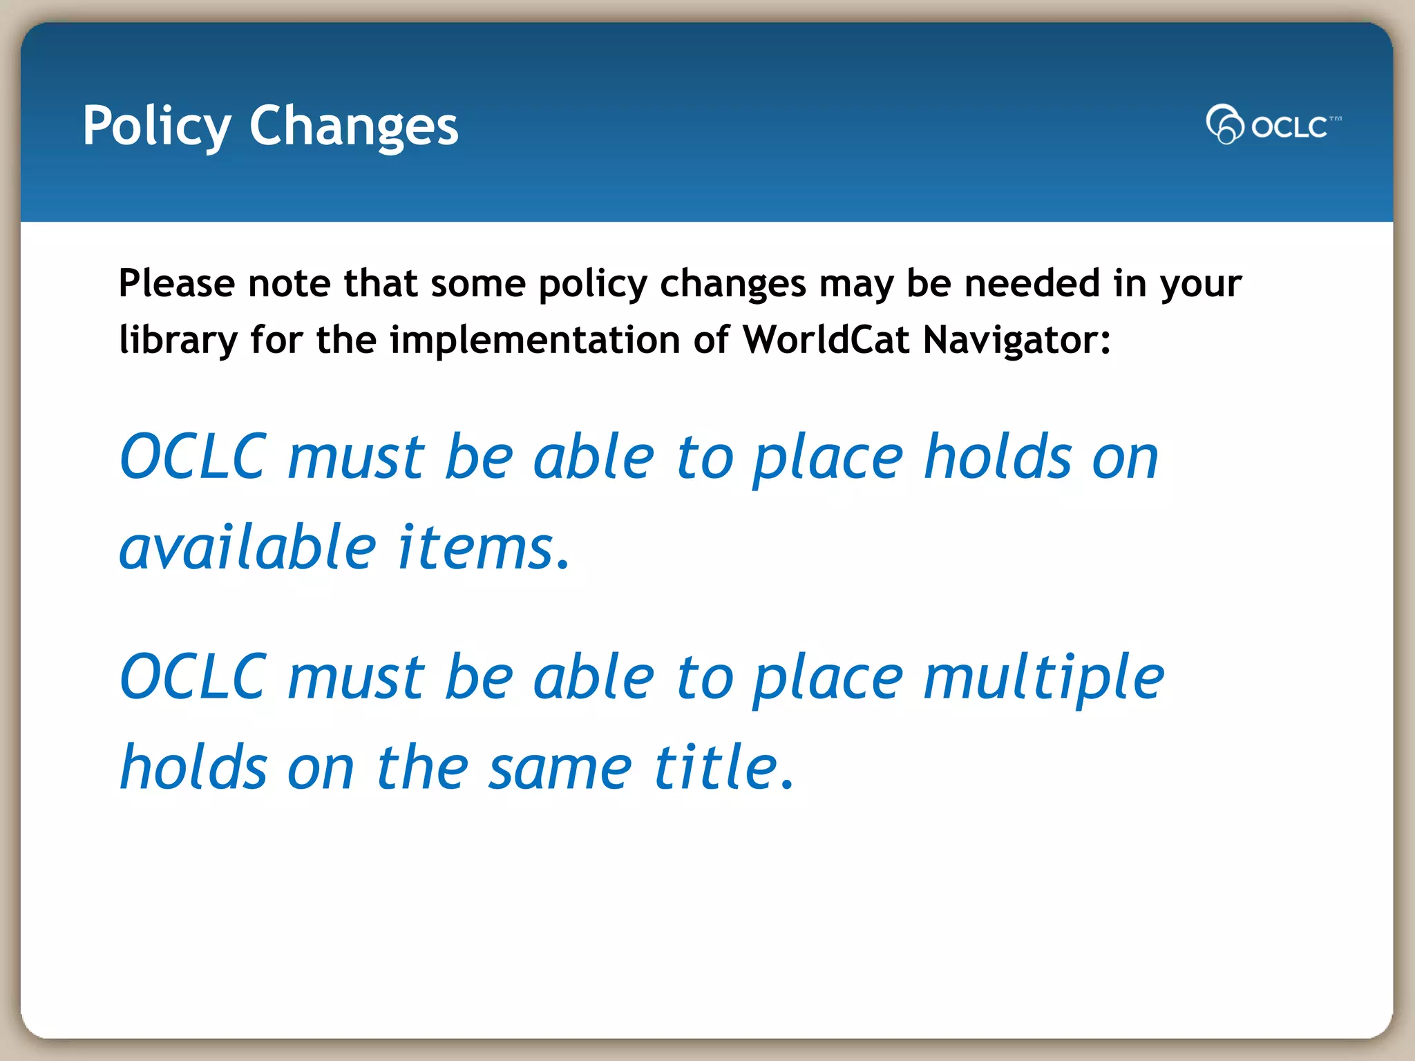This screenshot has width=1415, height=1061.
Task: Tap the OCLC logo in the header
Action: pos(1273,125)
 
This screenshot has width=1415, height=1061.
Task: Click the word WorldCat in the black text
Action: pos(826,340)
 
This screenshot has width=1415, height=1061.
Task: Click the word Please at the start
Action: pos(177,284)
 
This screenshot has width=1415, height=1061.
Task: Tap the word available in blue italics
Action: pos(248,548)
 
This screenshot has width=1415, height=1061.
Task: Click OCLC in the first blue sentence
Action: pos(193,457)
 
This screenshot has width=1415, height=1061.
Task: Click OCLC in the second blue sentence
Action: pos(193,678)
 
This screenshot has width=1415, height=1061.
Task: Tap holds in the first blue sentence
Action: pos(998,457)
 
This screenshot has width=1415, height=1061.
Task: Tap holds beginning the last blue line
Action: pos(193,767)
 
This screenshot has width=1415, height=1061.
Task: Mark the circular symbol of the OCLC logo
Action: pos(1224,124)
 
